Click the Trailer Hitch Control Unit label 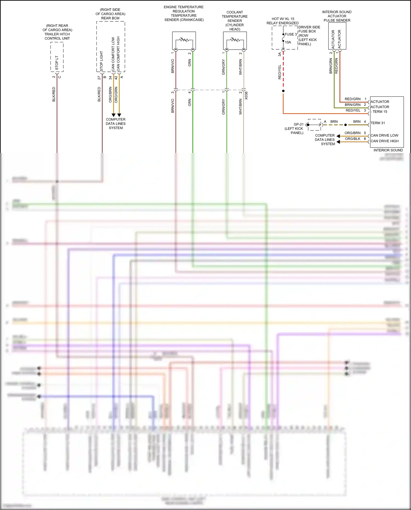coord(57,32)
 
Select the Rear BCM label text coord(110,18)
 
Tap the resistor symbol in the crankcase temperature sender coord(184,40)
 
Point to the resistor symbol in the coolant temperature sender coord(235,40)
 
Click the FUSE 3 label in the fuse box coord(291,34)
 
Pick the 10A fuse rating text coord(288,42)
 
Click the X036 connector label coord(246,95)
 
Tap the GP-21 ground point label coord(298,124)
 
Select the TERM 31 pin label coord(378,123)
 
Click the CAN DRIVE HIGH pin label coord(384,141)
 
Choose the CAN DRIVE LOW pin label coord(384,135)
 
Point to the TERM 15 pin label coord(379,112)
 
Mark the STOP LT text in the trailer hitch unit coord(57,63)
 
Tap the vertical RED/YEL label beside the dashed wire coord(279,72)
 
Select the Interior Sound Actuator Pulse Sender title coord(337,16)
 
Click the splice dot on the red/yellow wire coord(283,91)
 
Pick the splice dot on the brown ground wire coord(346,125)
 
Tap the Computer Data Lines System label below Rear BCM coord(116,124)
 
